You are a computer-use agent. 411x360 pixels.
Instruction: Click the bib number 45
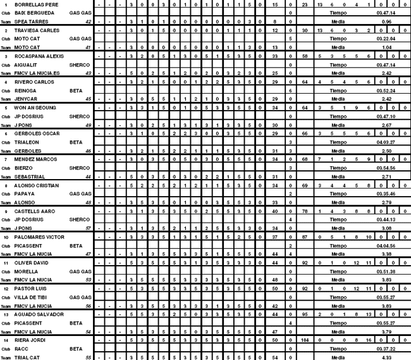pyautogui.click(x=89, y=99)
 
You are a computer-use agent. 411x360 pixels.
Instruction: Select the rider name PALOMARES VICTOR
pyautogui.click(x=39, y=237)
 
